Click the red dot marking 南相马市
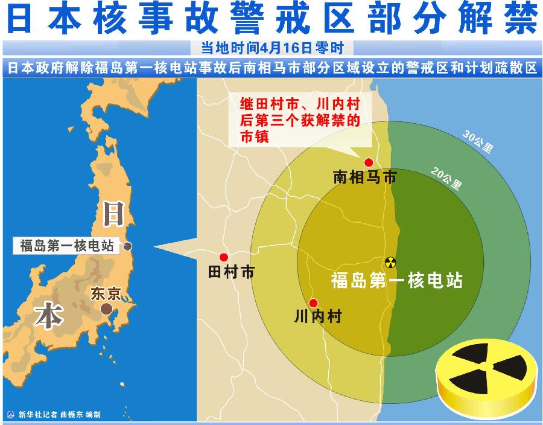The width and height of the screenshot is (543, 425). [x=367, y=161]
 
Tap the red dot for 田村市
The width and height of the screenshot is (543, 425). [x=224, y=257]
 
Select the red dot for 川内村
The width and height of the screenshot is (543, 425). [x=313, y=302]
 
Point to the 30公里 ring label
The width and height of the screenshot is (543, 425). [x=478, y=142]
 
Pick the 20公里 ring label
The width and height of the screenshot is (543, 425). [x=447, y=176]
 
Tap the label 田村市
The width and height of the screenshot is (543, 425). [x=230, y=272]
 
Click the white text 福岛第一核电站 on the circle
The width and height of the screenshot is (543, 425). [x=396, y=281]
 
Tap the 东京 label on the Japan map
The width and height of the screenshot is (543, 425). [x=106, y=294]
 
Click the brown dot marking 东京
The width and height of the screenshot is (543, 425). [x=106, y=308]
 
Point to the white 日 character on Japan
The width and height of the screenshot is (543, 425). [x=115, y=214]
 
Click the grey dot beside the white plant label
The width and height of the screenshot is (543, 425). [x=129, y=246]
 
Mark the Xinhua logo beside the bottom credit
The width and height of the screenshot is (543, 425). [x=10, y=415]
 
